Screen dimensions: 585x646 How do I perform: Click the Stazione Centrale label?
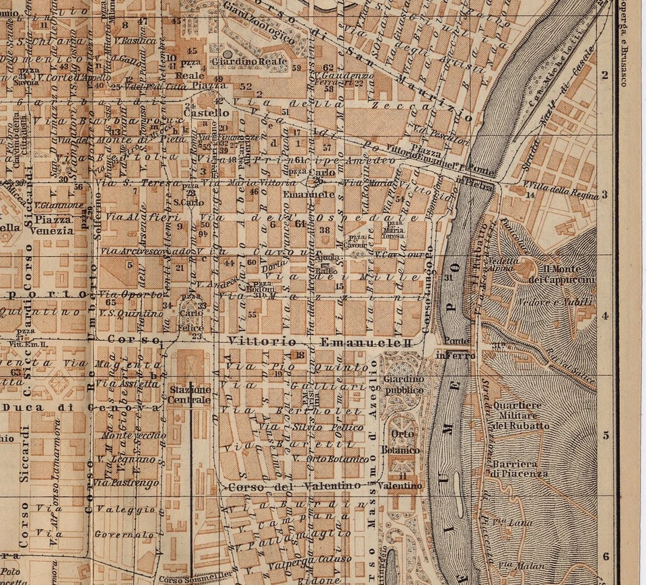190,395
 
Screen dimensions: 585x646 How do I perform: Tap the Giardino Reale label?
249,62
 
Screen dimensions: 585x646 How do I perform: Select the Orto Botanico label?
401,442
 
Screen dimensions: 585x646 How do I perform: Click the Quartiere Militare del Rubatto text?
521,416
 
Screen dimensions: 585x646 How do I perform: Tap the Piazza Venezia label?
55,225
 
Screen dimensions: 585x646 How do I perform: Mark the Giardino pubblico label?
404,385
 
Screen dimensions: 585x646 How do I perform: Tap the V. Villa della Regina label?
560,186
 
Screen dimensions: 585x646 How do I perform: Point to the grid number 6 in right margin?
605,556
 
